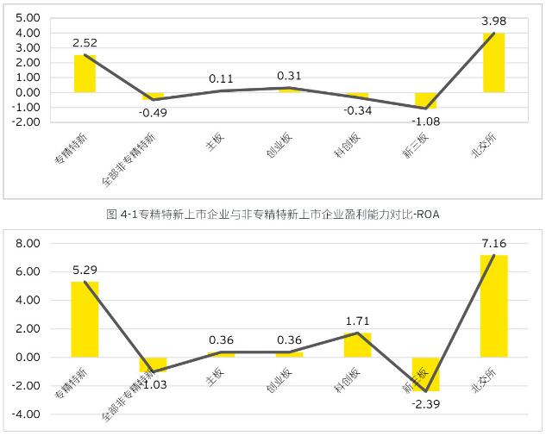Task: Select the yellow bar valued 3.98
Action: [493, 63]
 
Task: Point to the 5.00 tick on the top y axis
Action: [28, 18]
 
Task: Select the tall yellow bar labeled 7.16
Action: [493, 306]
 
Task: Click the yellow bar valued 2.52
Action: [85, 74]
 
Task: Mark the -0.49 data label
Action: [153, 113]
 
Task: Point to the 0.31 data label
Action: [289, 75]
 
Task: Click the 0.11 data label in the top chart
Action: [221, 78]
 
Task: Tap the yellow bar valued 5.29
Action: [85, 319]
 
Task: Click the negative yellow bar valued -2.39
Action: [425, 374]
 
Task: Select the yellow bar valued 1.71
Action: [357, 345]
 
